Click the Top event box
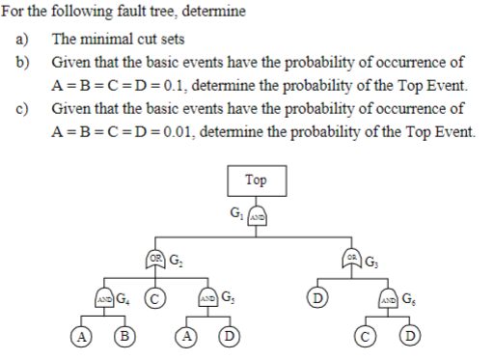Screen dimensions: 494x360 click(256, 181)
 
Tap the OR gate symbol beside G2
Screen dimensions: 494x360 click(156, 259)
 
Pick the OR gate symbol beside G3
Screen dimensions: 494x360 click(353, 259)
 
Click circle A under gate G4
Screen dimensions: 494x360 click(74, 338)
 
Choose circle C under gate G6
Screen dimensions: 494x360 click(370, 338)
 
